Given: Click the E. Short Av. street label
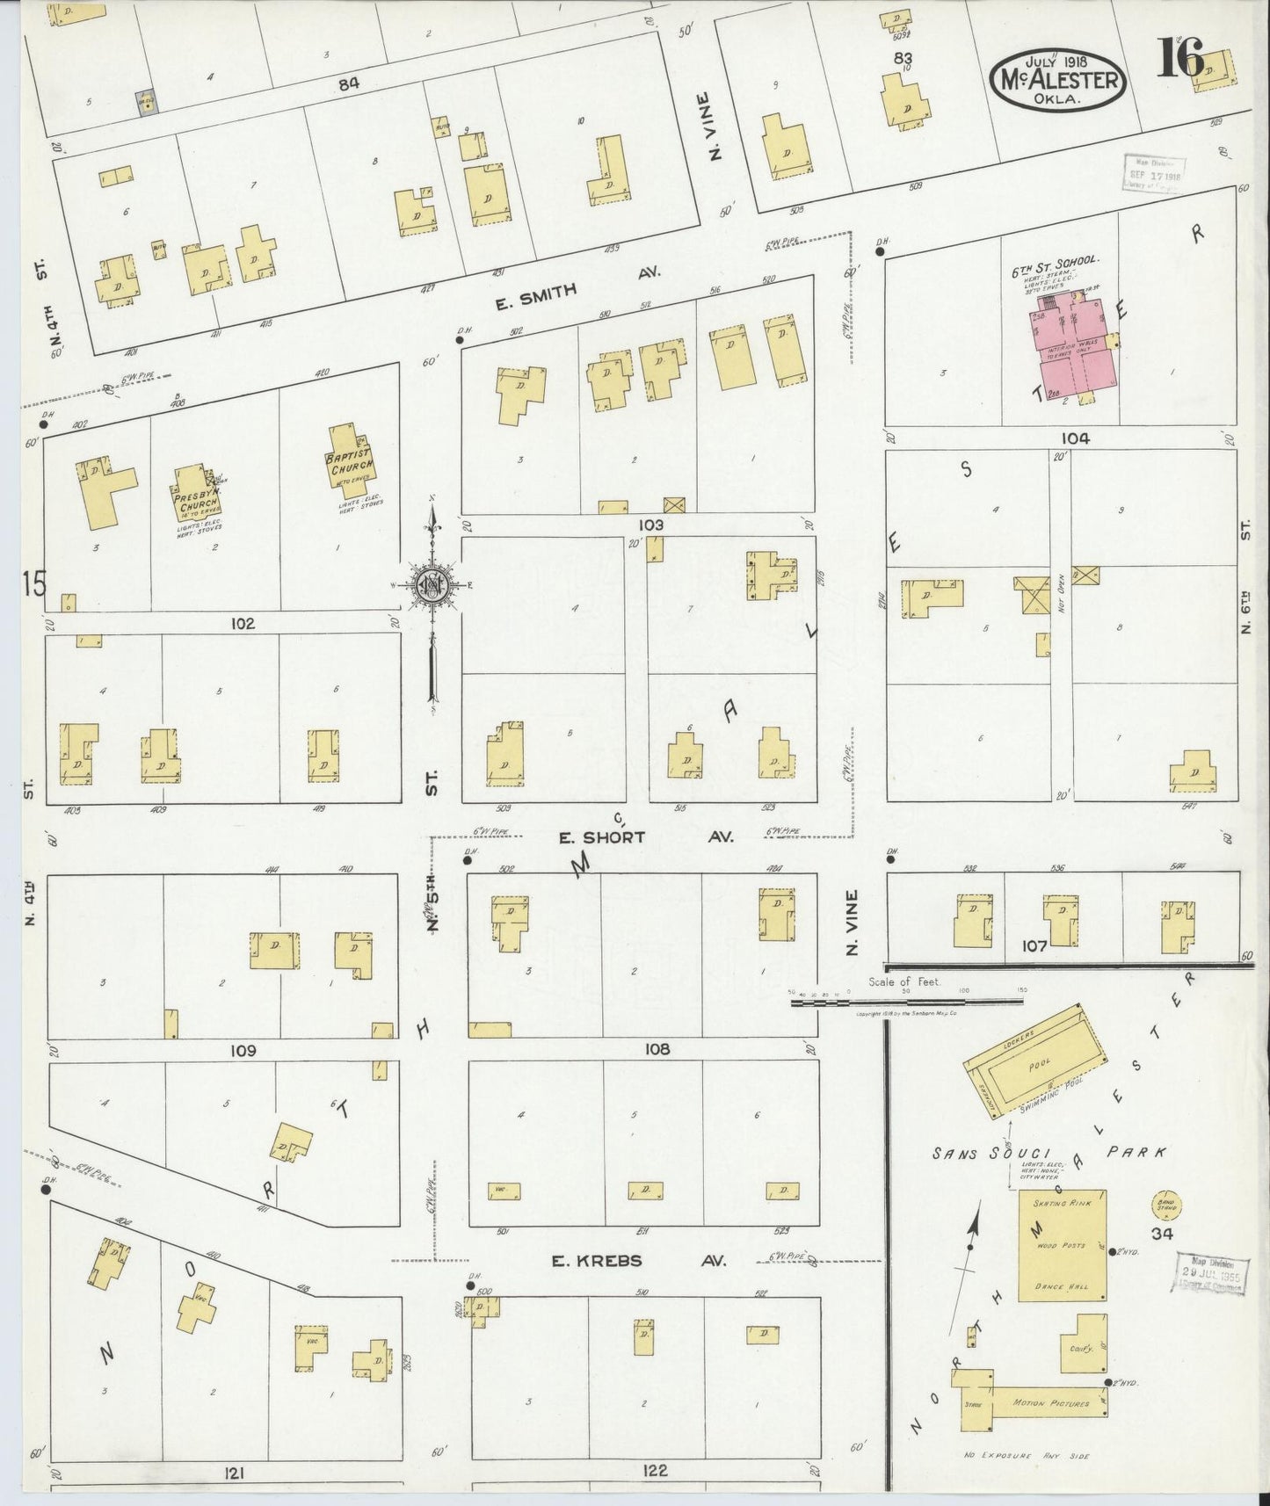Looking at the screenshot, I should click(x=603, y=837).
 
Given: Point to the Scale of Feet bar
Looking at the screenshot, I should click(x=905, y=1001).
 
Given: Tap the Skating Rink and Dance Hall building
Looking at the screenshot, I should click(x=1062, y=1245).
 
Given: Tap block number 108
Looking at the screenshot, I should click(x=657, y=1049).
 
